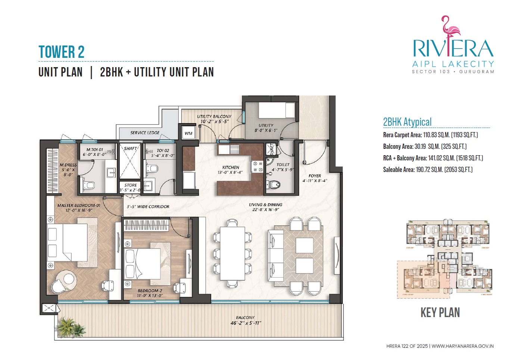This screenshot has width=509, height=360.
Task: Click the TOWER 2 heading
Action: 61,52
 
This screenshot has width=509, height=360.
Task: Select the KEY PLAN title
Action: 440,312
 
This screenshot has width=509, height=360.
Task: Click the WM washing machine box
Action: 188,133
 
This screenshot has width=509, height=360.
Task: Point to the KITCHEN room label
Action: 231,168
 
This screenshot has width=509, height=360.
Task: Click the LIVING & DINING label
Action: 265,205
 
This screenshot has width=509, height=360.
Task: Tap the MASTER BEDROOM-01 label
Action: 79,206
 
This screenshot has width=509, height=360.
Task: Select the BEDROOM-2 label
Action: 150,291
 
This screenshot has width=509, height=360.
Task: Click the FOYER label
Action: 315,176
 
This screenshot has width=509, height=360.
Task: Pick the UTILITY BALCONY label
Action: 214,116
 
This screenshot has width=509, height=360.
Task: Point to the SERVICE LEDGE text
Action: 145,132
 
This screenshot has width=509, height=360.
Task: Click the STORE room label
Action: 131,185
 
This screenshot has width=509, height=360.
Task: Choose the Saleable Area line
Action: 428,170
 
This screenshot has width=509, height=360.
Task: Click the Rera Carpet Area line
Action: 430,135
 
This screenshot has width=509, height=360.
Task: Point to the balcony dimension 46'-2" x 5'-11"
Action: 246,323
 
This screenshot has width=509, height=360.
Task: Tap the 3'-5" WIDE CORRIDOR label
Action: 148,207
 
